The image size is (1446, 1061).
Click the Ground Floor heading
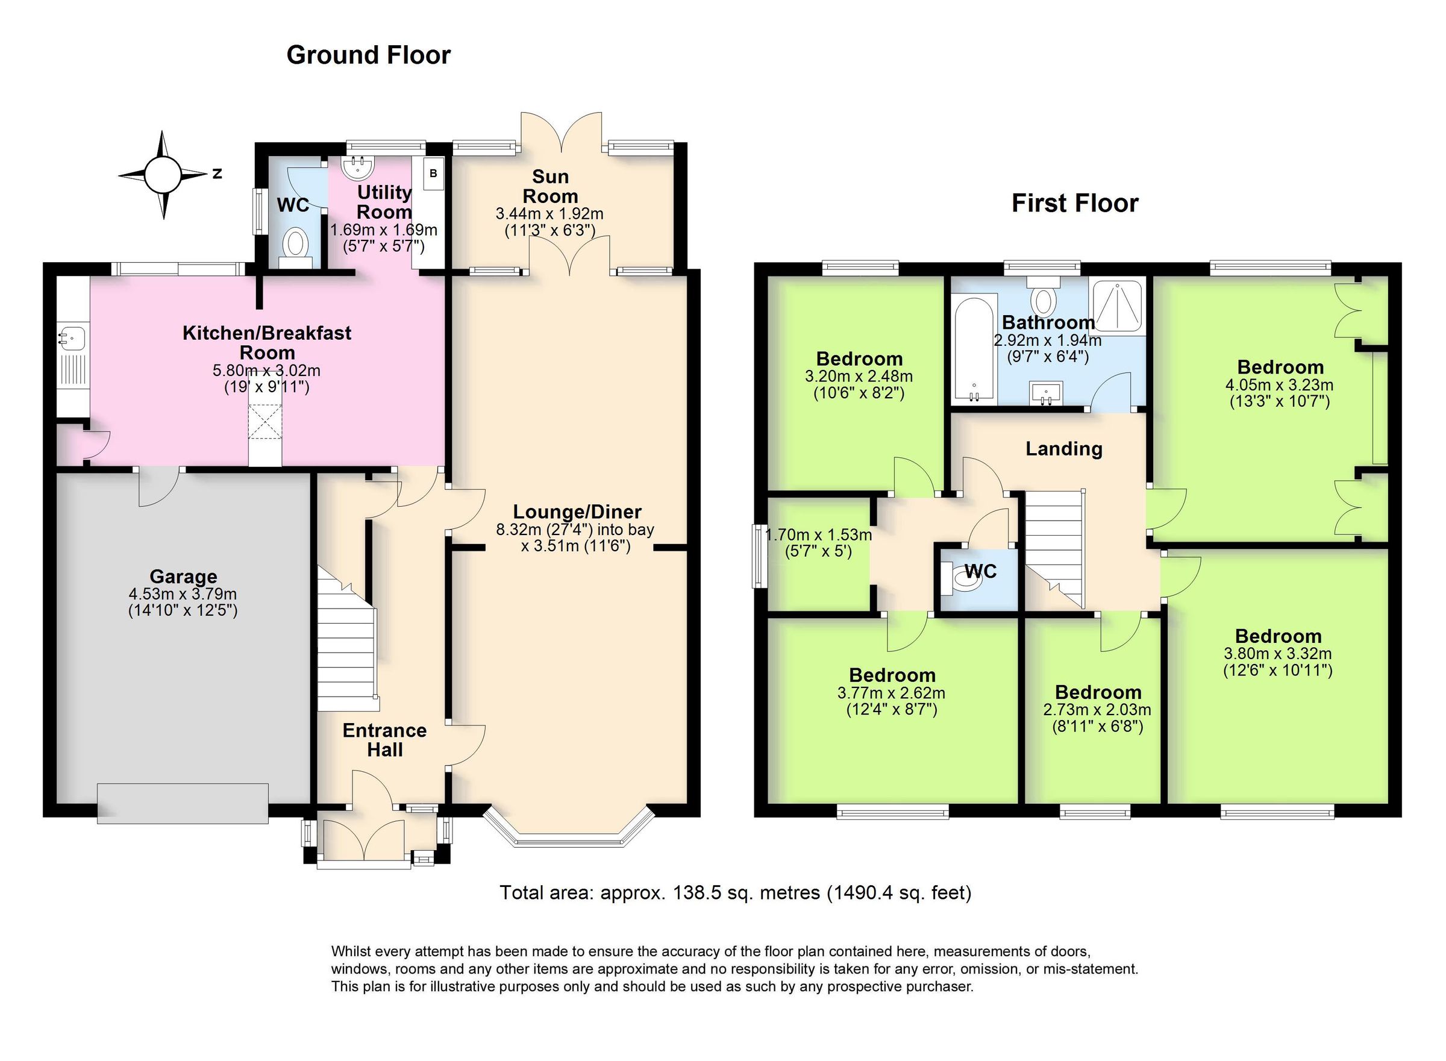click(x=368, y=55)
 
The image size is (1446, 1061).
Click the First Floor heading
click(x=1074, y=203)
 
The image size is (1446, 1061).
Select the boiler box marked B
click(x=433, y=174)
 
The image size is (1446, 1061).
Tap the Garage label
click(x=183, y=576)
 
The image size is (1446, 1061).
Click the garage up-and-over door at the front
click(x=183, y=803)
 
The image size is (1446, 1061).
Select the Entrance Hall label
click(x=384, y=739)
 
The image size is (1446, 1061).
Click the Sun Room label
click(x=550, y=186)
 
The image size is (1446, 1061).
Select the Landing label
click(x=1063, y=448)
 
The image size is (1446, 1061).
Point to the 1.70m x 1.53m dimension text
click(x=818, y=542)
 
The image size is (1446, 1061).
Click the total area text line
click(x=735, y=893)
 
